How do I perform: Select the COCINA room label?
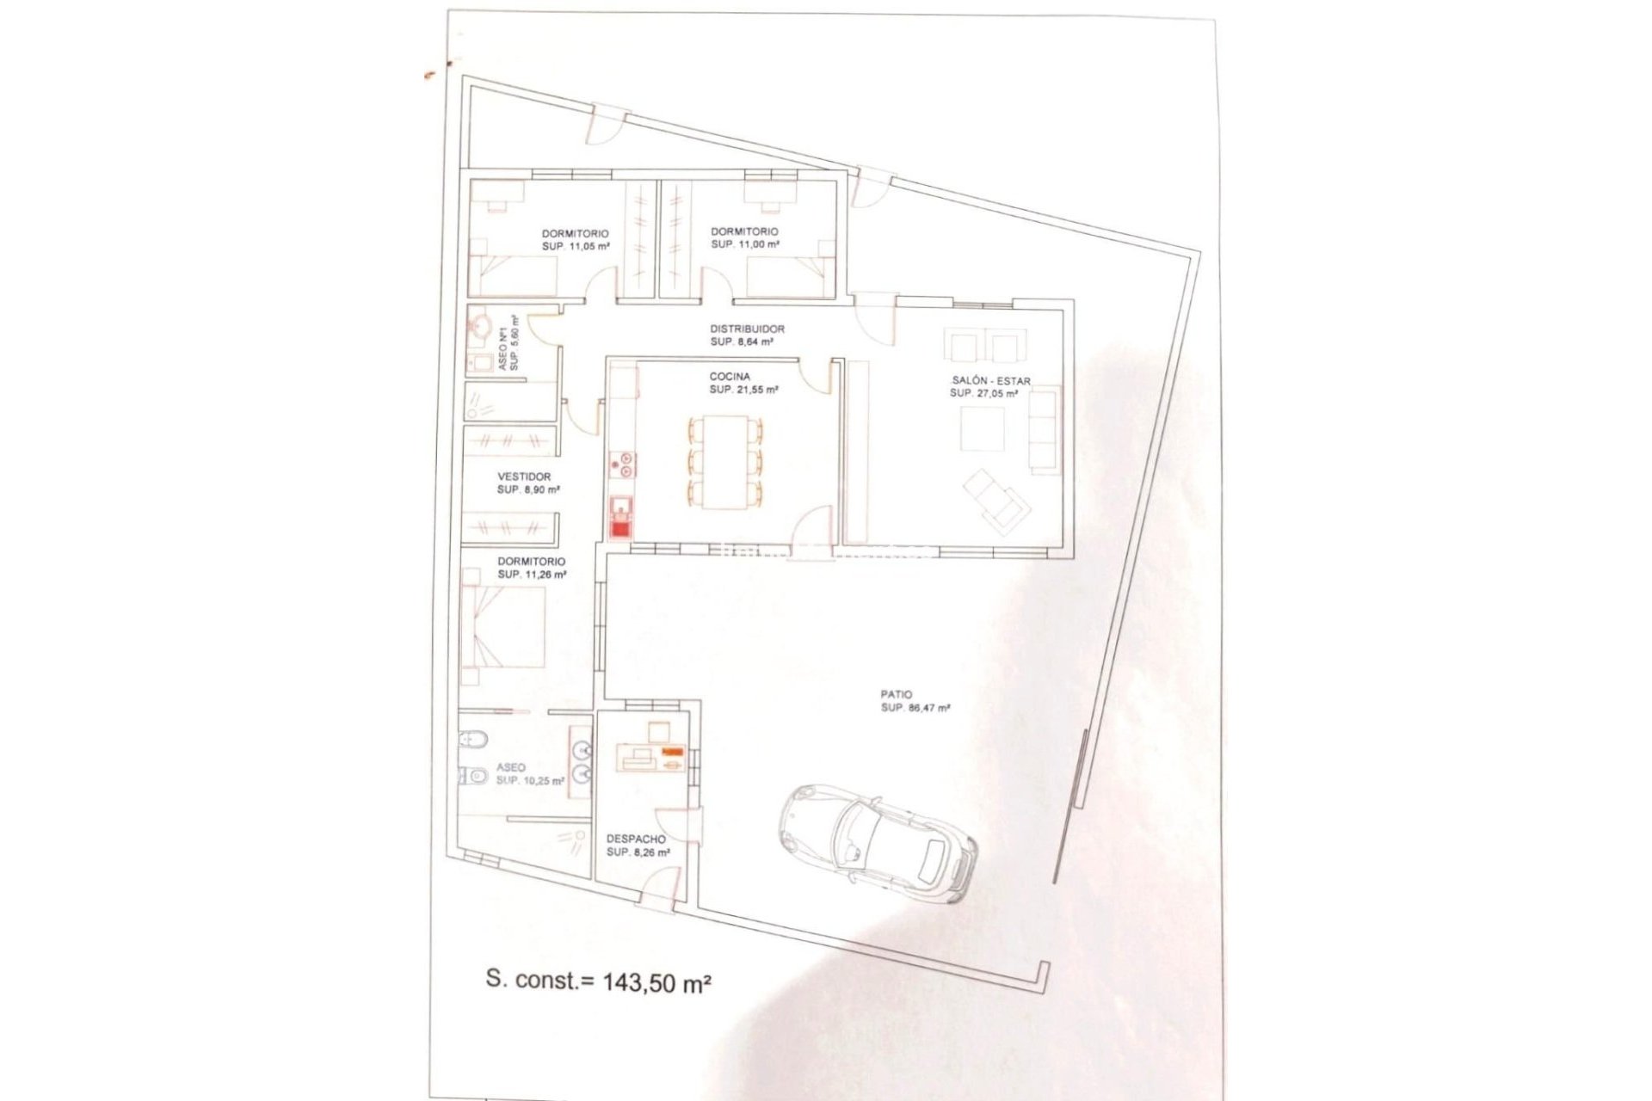[x=730, y=377]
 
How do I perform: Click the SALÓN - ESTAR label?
[x=990, y=381]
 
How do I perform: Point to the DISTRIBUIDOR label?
[x=747, y=329]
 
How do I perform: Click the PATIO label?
[x=896, y=694]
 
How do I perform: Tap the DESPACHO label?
[x=636, y=839]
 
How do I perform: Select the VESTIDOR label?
[x=524, y=477]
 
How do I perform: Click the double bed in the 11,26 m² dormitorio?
[x=503, y=627]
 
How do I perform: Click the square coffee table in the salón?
[x=982, y=428]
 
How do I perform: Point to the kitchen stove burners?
[x=621, y=464]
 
